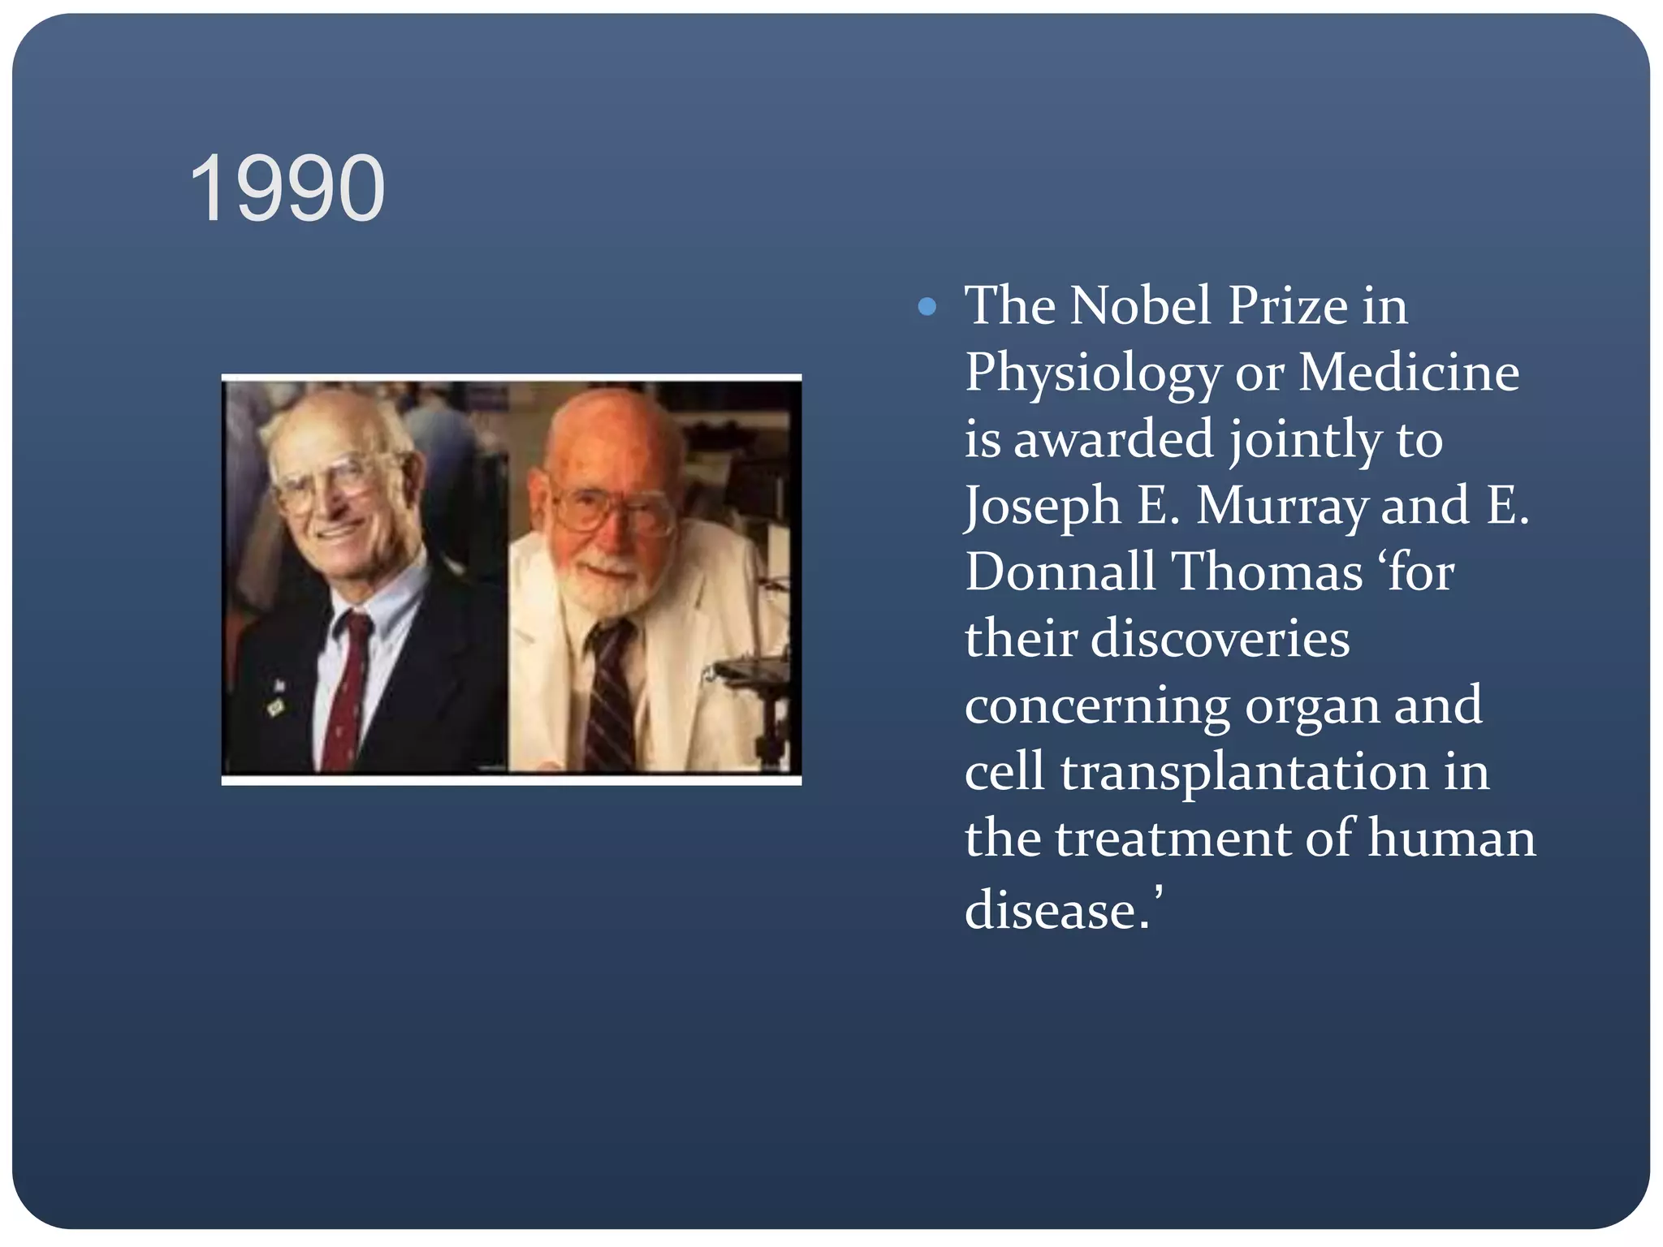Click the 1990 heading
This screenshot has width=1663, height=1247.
coord(287,188)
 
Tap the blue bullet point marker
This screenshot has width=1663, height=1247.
coord(927,307)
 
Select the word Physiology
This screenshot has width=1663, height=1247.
coord(1092,373)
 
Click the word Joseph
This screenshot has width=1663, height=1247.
coord(1043,507)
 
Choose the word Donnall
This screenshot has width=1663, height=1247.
coord(1060,572)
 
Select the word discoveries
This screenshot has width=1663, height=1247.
coord(1220,638)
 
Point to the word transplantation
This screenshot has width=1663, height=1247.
coord(1244,771)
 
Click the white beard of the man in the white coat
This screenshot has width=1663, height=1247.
coord(605,589)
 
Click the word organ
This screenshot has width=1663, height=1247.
coord(1311,705)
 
